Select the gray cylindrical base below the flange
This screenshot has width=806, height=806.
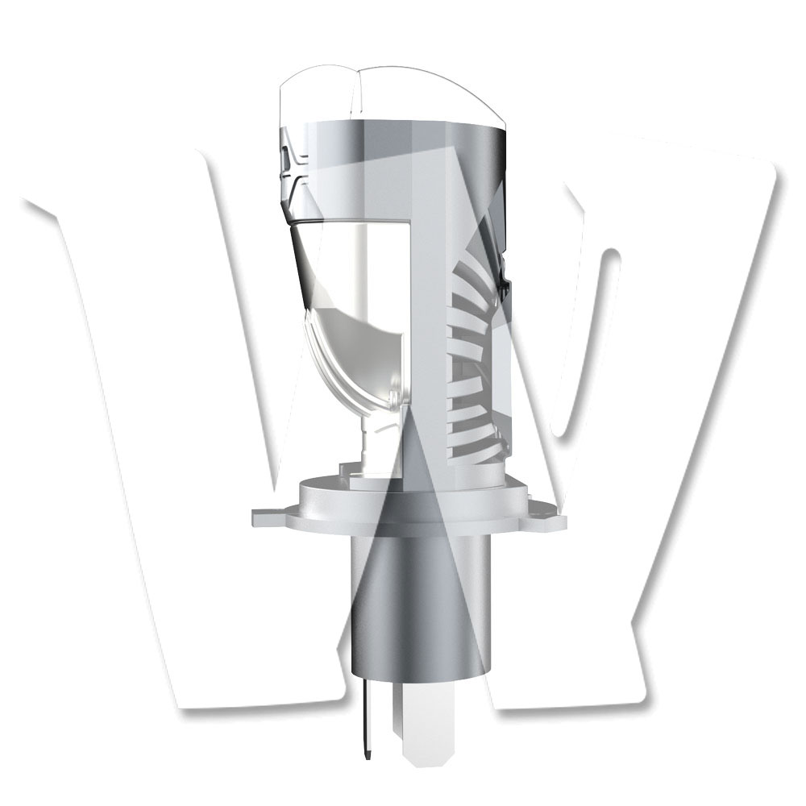pyautogui.click(x=418, y=608)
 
